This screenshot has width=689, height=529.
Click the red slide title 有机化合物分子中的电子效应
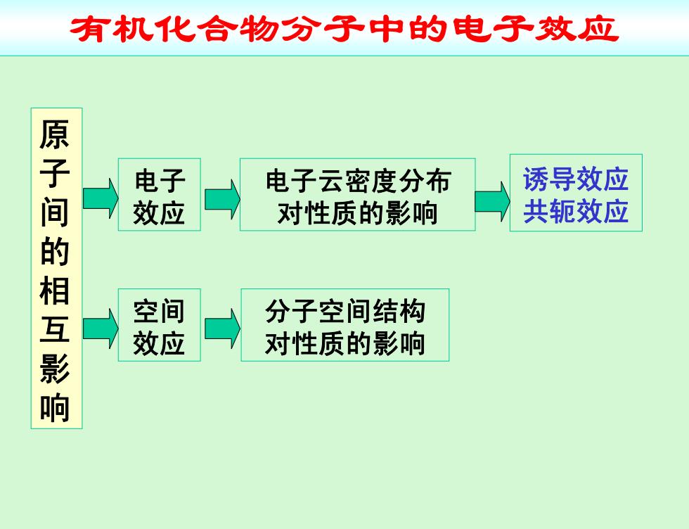[x=344, y=29]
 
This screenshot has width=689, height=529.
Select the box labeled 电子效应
[x=160, y=194]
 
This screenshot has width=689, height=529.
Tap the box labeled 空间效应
[x=160, y=325]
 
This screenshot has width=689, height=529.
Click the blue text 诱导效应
[x=576, y=179]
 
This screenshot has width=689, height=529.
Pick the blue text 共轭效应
[x=576, y=211]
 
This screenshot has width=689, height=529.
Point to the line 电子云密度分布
[x=358, y=181]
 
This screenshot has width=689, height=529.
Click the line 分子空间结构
[x=345, y=312]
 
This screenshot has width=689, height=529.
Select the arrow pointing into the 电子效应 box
[x=101, y=198]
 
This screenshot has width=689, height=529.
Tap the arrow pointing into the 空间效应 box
[x=101, y=329]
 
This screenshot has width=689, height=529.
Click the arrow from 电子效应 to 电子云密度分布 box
[x=222, y=199]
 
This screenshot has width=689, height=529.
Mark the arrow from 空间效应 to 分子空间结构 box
[x=222, y=329]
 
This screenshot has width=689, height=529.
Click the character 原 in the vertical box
[x=55, y=134]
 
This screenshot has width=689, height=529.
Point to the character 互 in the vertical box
[x=55, y=329]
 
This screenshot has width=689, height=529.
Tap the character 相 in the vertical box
[x=55, y=290]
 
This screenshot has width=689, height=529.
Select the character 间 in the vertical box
[x=55, y=212]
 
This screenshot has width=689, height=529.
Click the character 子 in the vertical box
[x=55, y=173]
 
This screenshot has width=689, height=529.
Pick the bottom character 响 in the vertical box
[x=55, y=407]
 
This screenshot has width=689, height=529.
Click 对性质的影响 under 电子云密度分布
[x=358, y=214]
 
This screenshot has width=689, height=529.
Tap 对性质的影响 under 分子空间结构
[x=345, y=343]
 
